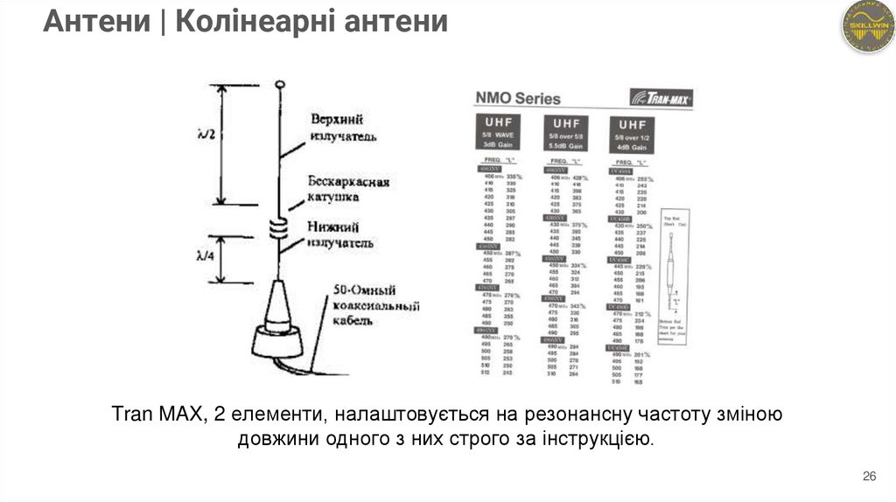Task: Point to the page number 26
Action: (x=869, y=476)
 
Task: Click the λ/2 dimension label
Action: (x=206, y=135)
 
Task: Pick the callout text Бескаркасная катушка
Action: (x=347, y=189)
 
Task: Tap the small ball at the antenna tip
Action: (x=279, y=85)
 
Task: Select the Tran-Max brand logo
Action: (x=661, y=97)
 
